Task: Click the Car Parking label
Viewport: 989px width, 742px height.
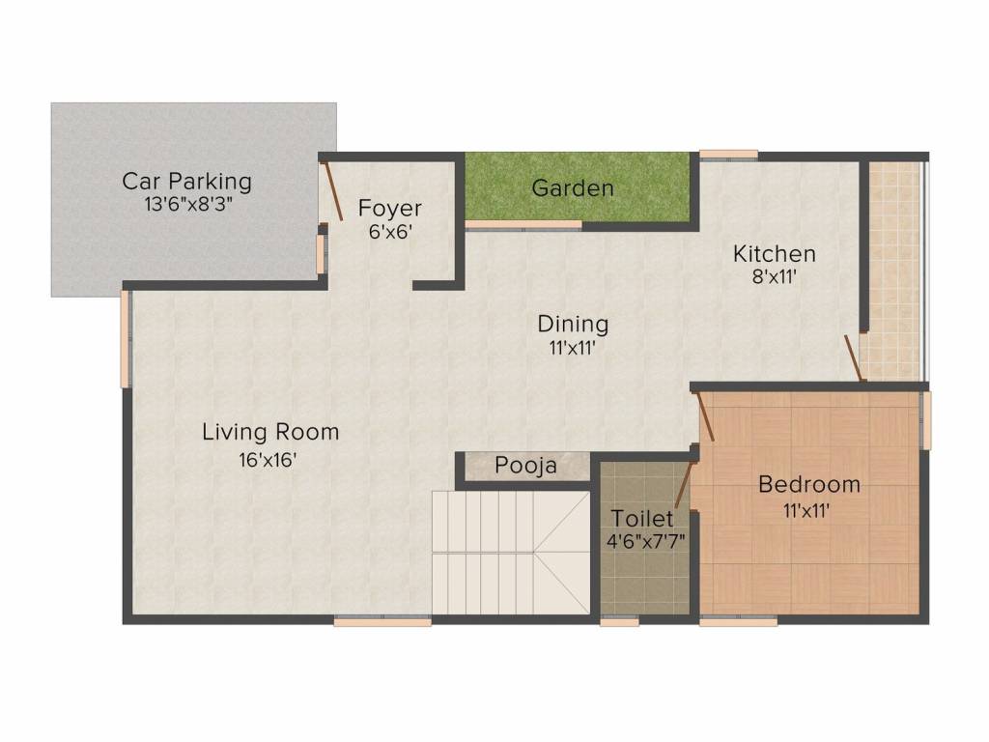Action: [186, 181]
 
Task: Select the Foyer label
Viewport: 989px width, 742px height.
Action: [390, 208]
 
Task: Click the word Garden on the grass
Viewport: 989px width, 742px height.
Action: [573, 187]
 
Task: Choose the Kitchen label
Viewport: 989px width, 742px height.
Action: [775, 254]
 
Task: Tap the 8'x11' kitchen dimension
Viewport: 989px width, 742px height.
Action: [775, 277]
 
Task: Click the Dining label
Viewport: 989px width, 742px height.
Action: [573, 324]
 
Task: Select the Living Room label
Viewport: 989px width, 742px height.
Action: [270, 432]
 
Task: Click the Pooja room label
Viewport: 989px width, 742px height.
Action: [525, 466]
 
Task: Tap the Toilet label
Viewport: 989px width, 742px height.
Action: [642, 519]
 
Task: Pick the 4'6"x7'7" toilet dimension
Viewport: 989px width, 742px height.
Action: [646, 541]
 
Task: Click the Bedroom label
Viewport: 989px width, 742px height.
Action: [808, 484]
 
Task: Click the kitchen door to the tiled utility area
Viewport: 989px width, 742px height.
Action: [854, 358]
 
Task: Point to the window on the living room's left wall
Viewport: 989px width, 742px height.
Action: [125, 338]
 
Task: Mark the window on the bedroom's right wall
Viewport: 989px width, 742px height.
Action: [925, 420]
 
